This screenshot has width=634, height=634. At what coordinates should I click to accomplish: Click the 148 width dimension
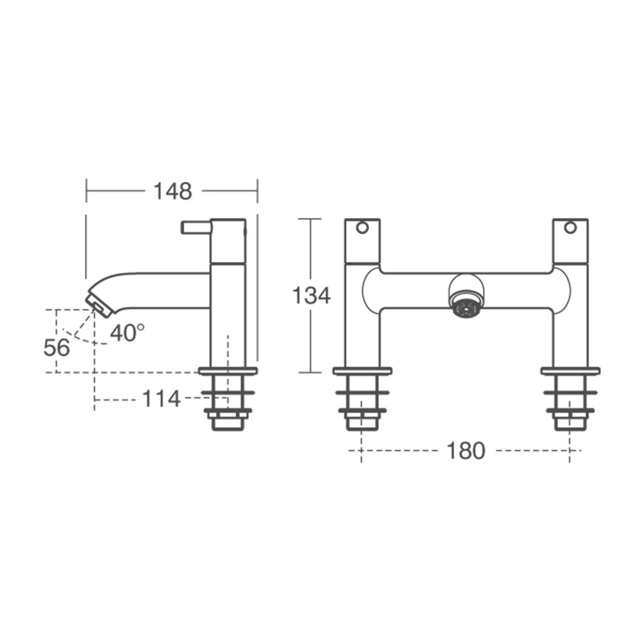coord(172,191)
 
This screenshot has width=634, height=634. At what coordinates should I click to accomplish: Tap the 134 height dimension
coord(311,295)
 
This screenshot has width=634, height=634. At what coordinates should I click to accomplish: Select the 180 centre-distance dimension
coord(465,451)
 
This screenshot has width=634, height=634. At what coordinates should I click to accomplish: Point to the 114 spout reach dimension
coord(161,399)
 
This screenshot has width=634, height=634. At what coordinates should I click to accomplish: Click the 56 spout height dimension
coord(57,348)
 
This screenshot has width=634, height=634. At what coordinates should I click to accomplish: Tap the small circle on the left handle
coord(362,228)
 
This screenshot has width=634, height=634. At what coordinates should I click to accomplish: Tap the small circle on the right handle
coord(571,228)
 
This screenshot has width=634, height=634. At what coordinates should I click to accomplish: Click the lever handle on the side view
coord(196,227)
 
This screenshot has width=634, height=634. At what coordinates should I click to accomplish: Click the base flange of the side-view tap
coord(228,372)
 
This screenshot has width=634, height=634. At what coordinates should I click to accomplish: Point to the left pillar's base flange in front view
coord(362,372)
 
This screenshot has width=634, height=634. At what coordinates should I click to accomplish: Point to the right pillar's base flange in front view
coord(571,372)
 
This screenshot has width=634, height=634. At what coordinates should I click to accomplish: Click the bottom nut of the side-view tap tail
coord(228,424)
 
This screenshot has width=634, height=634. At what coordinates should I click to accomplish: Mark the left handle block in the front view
coord(362,241)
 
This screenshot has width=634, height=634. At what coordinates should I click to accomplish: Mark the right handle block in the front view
coord(571,241)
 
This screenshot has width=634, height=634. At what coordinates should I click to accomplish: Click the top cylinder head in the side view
coord(228,241)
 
